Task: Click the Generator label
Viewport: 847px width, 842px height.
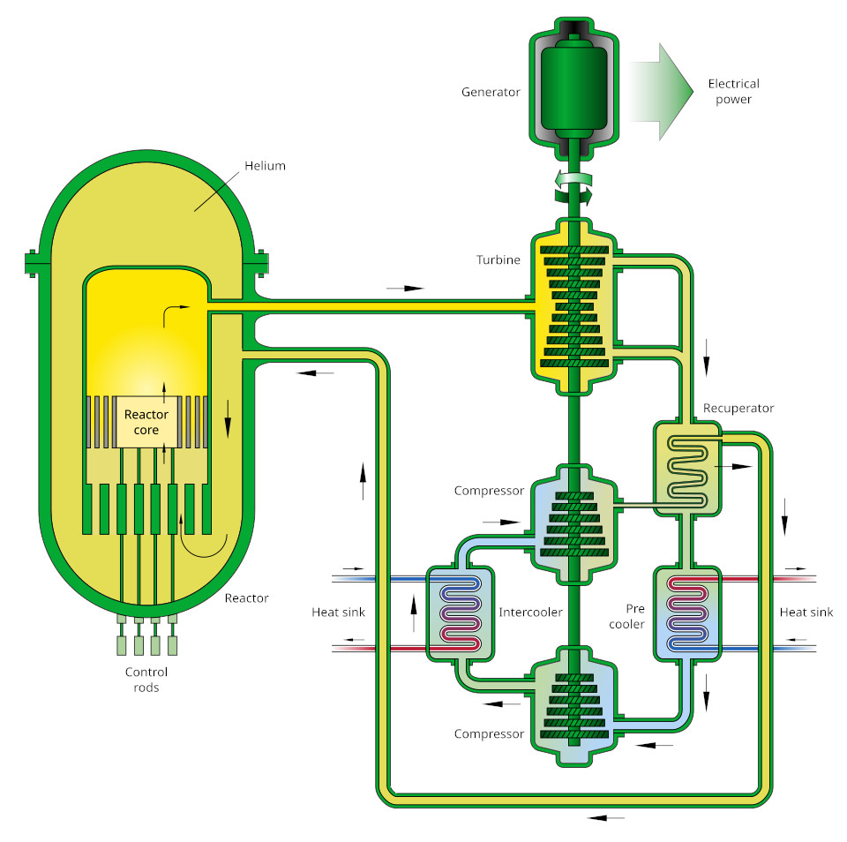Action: coord(491,92)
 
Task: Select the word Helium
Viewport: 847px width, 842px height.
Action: coord(266,166)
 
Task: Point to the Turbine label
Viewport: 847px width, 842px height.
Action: coord(498,260)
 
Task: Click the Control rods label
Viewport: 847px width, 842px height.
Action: coord(146,680)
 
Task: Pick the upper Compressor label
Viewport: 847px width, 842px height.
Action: coord(489,491)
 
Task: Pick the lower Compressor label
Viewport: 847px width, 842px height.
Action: coord(489,733)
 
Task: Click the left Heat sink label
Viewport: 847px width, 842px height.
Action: coord(338,612)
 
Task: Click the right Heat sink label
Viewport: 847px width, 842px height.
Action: coord(806,612)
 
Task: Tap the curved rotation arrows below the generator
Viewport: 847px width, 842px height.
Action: coord(572,186)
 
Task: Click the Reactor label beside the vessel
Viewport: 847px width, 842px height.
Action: coord(246,598)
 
